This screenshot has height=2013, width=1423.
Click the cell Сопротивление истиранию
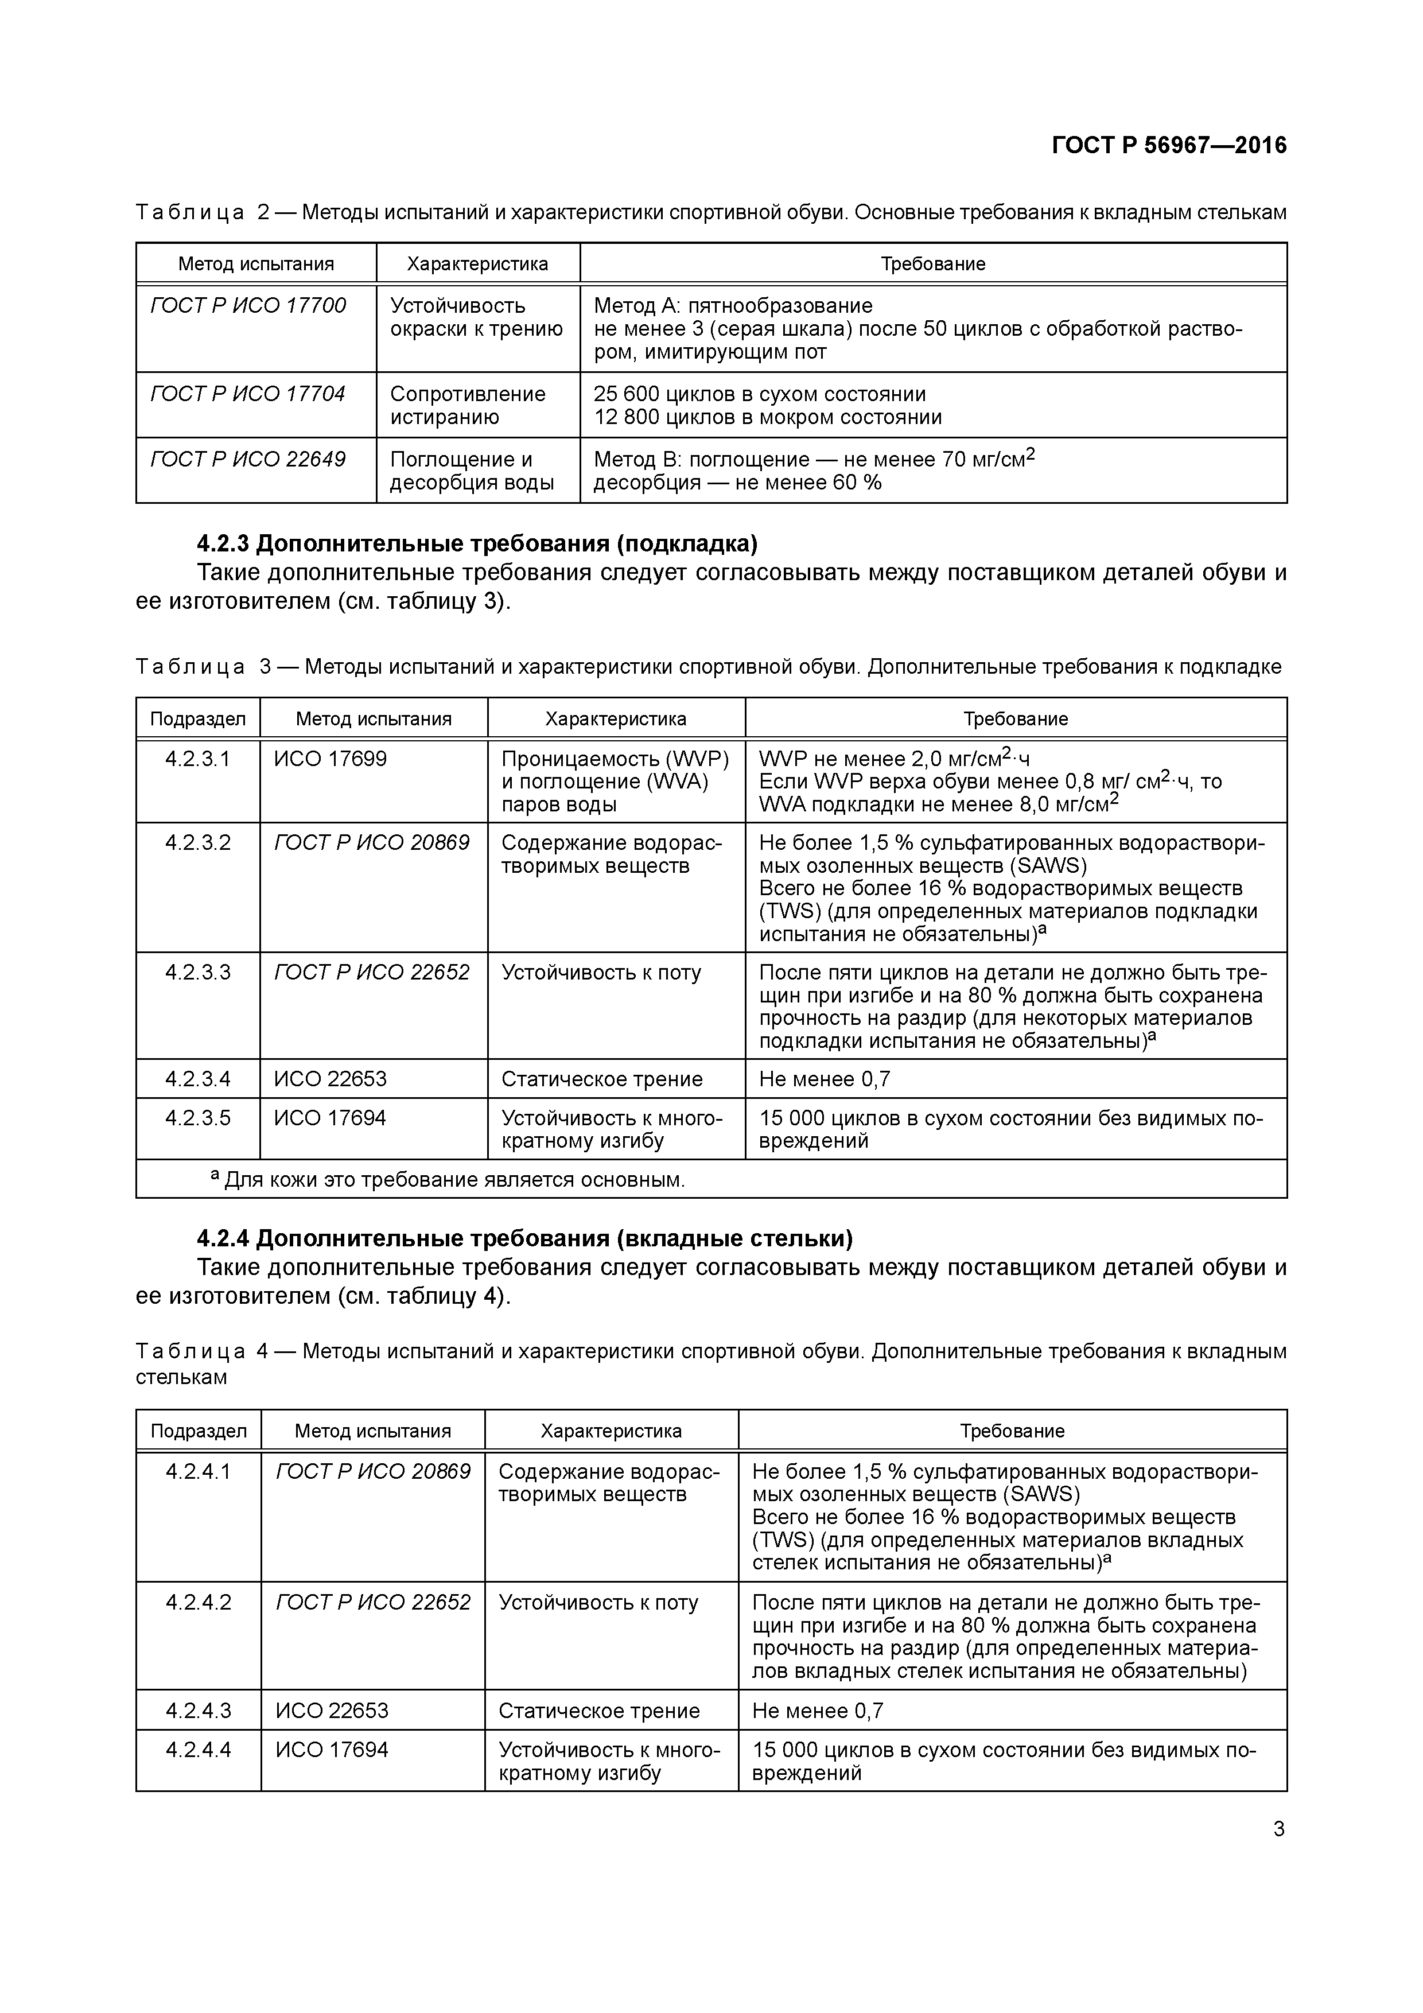coord(467,405)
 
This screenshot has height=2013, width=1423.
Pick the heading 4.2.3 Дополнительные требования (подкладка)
coord(476,545)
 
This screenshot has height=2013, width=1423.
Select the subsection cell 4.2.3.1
coord(198,759)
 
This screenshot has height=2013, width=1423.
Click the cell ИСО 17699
coord(331,759)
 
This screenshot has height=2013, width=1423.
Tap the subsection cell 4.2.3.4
coord(198,1079)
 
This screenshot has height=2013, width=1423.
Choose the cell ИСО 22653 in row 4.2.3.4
coord(331,1079)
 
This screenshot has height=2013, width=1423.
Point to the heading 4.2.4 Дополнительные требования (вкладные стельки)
coord(524,1239)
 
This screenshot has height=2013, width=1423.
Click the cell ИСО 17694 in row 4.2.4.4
coord(332,1750)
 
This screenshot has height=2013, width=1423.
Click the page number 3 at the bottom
coord(1279,1830)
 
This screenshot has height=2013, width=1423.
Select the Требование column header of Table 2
coord(933,264)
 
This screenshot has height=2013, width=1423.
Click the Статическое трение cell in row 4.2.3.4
coord(601,1079)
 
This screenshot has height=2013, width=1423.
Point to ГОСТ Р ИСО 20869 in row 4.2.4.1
coord(372,1472)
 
